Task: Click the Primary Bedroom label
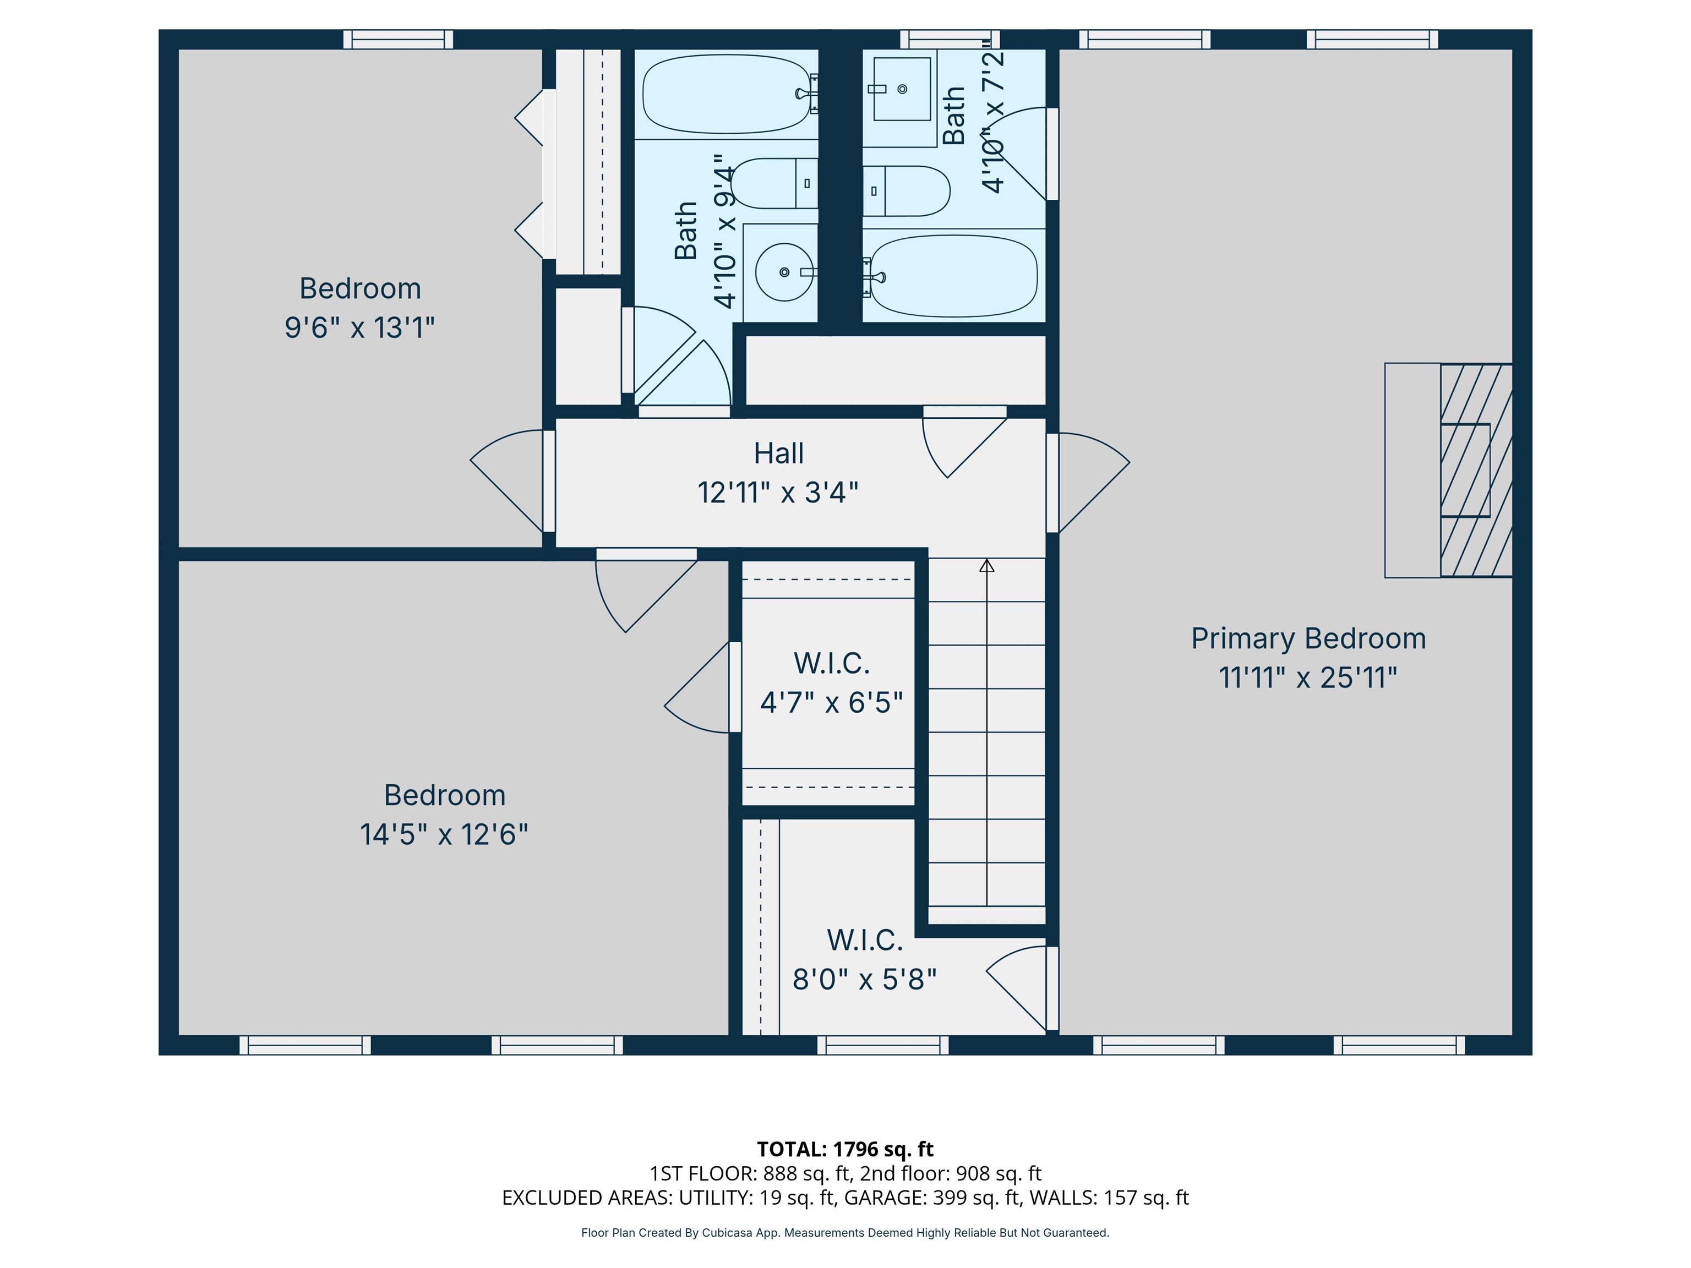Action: pos(1308,638)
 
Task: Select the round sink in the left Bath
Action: pos(784,272)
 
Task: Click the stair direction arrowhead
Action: pos(987,566)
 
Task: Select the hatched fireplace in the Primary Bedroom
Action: pos(1475,470)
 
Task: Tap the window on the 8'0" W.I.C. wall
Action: pos(883,1045)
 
